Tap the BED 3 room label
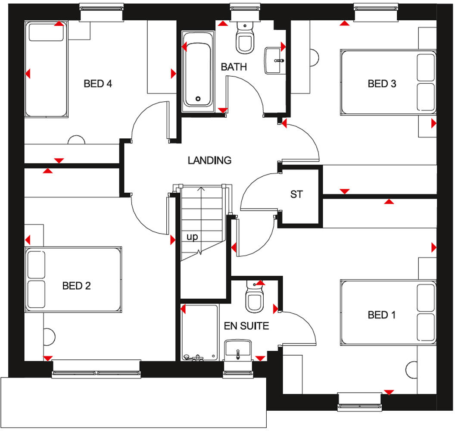pyautogui.click(x=381, y=84)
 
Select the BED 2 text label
pyautogui.click(x=76, y=286)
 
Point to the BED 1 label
pyautogui.click(x=381, y=315)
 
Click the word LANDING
pyautogui.click(x=209, y=160)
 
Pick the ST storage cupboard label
pyautogui.click(x=296, y=194)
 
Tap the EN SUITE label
pyautogui.click(x=246, y=326)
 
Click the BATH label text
pyautogui.click(x=234, y=67)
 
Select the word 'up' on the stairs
pyautogui.click(x=192, y=237)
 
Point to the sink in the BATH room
pyautogui.click(x=274, y=60)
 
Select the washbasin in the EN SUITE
pyautogui.click(x=238, y=350)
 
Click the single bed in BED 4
pyautogui.click(x=46, y=70)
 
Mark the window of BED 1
pyautogui.click(x=359, y=400)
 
